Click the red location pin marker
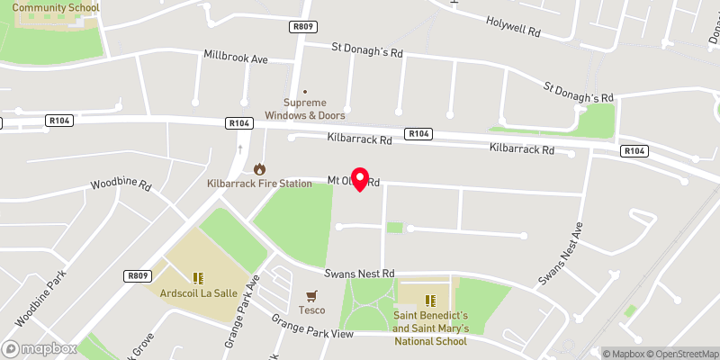360,178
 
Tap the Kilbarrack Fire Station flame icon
259,168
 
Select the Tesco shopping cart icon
312,295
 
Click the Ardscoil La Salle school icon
199,278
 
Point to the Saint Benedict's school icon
430,299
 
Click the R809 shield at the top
303,27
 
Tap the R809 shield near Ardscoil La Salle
137,275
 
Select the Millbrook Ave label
237,58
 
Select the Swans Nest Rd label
362,273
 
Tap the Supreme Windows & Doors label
304,109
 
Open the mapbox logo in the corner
40,348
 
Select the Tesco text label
312,310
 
